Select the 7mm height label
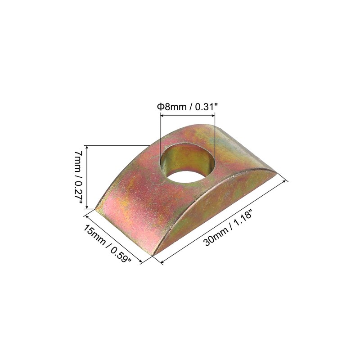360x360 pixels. point(78,161)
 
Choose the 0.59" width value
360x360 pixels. point(121,254)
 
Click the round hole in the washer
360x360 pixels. point(187,162)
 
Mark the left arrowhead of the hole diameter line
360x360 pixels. point(162,116)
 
